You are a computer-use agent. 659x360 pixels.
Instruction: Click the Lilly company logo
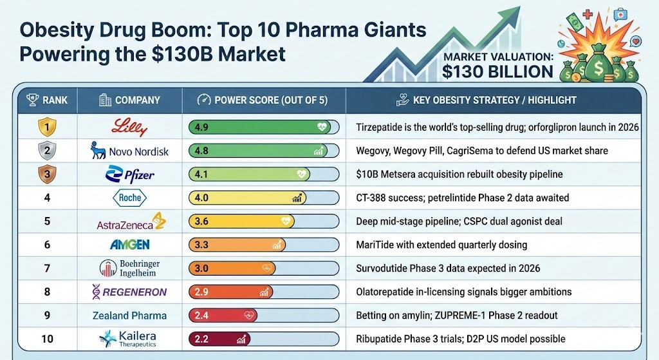pos(129,127)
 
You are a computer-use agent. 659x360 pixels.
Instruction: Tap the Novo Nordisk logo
pos(129,151)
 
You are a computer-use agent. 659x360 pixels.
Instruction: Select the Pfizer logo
pos(129,175)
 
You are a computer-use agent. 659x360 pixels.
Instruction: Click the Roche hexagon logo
pos(129,198)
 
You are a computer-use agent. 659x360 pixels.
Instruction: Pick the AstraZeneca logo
pos(129,222)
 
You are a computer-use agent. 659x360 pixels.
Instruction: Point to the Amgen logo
pos(129,245)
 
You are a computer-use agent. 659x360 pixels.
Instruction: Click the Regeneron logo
pos(129,292)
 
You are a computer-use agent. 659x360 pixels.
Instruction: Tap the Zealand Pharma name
pos(129,316)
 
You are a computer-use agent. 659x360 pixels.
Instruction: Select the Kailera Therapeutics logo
pos(129,338)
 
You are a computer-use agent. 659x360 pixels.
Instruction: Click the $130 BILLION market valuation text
pos(497,71)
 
